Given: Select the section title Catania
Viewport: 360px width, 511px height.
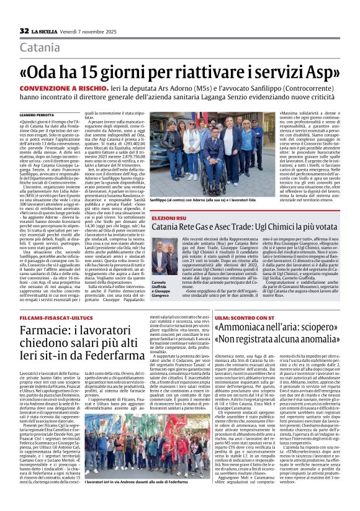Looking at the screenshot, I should coord(40,48).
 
